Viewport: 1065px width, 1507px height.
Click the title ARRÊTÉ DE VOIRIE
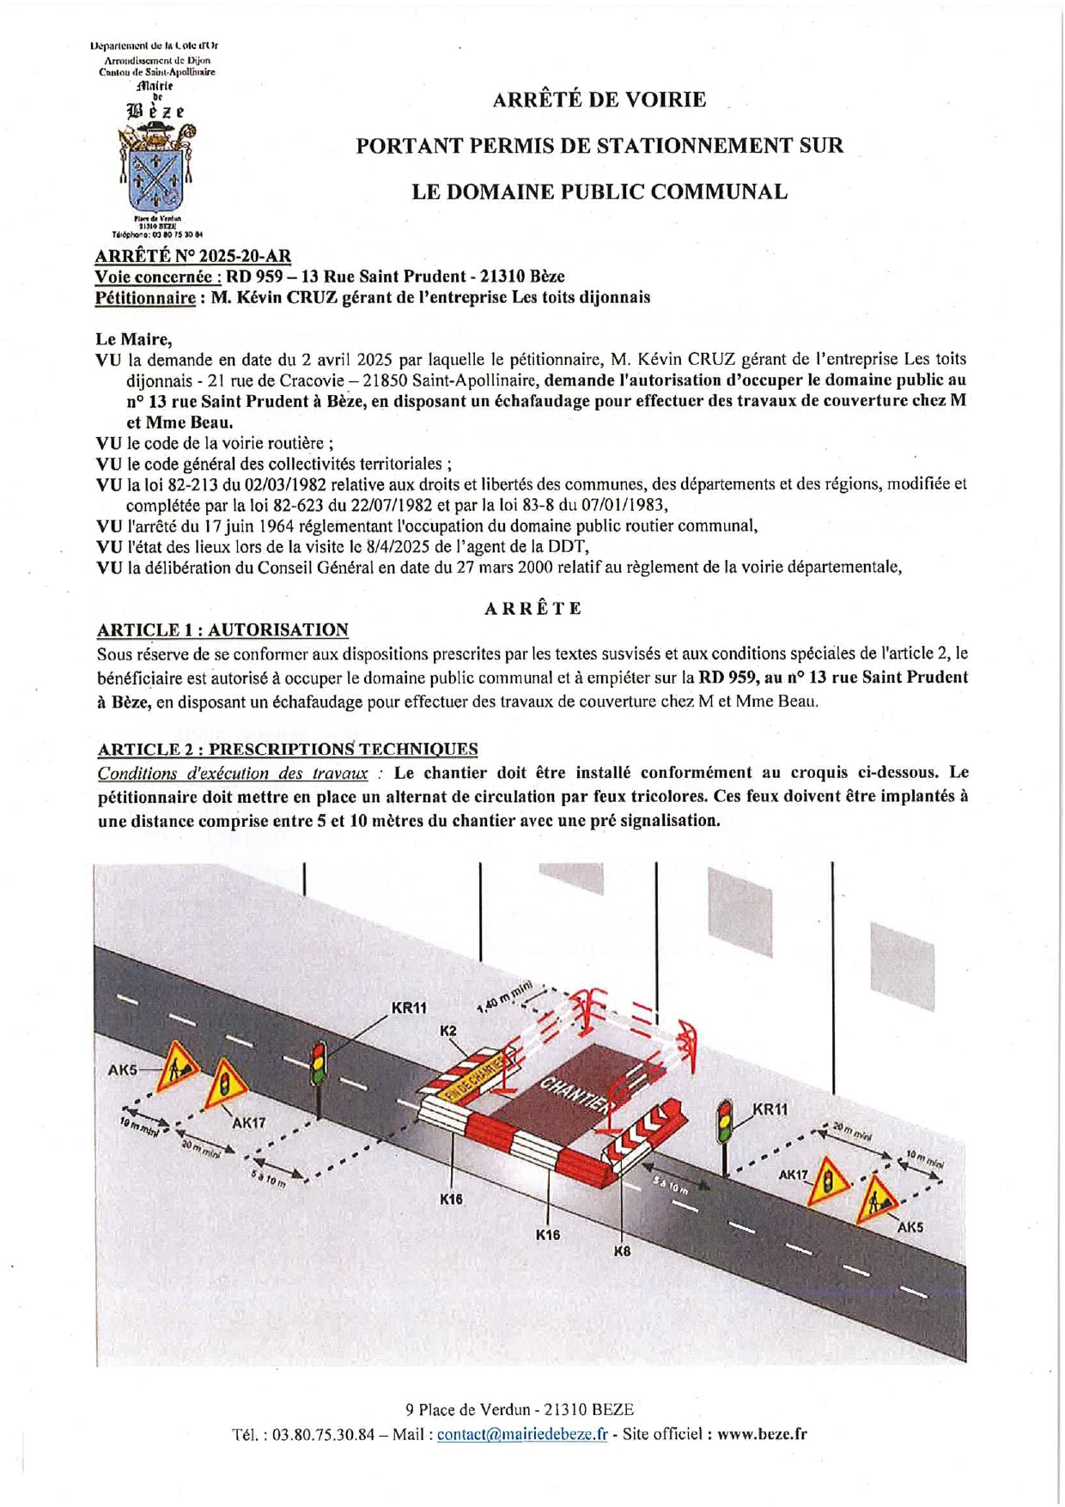599,100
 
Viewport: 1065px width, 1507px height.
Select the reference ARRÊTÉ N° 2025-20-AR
193,256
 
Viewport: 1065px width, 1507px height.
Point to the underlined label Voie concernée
158,276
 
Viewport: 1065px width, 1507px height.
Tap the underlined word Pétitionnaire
145,298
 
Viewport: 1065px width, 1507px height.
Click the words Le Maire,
134,339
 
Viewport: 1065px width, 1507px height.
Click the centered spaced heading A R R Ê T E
532,609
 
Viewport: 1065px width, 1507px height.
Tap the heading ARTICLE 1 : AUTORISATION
222,630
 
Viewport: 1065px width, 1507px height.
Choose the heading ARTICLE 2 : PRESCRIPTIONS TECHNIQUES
287,749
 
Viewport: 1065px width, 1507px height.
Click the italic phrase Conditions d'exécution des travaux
233,773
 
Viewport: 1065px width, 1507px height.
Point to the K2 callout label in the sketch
448,1030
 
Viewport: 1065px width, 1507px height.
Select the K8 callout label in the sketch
622,1251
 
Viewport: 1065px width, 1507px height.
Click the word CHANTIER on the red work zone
573,1094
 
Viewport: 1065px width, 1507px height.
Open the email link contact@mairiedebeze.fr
521,1434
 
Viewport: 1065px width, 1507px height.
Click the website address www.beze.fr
762,1434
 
